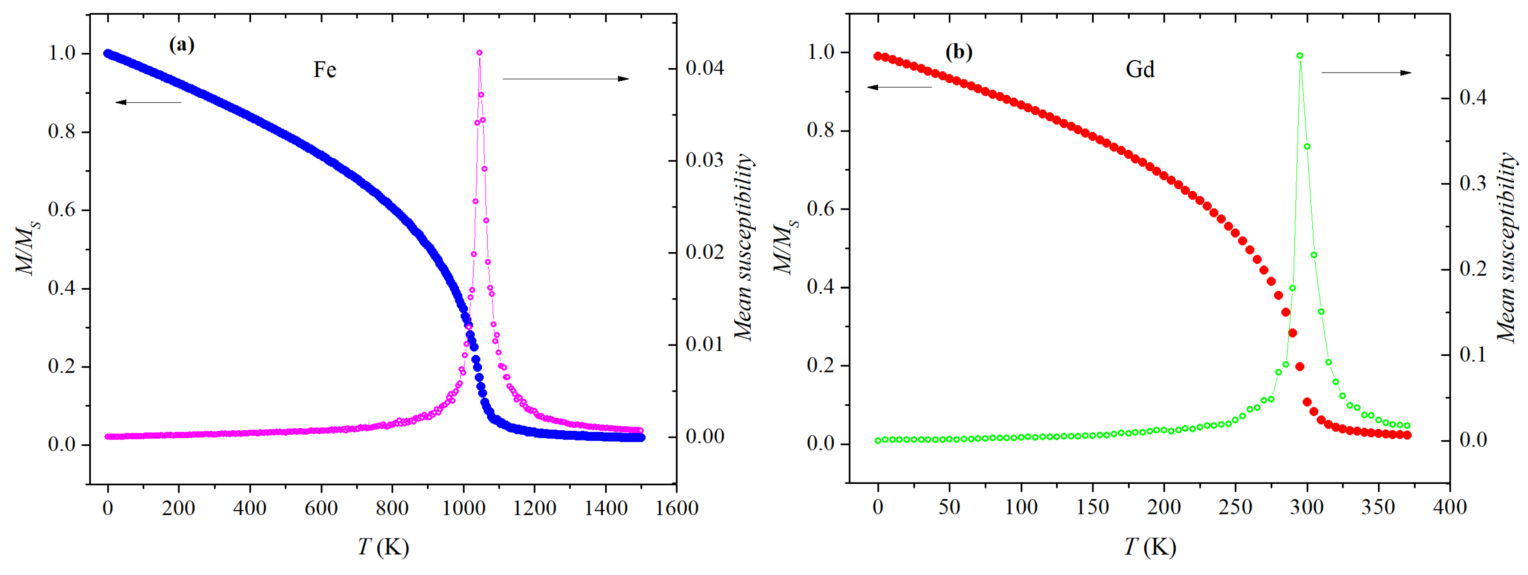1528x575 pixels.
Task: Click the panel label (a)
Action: pos(181,45)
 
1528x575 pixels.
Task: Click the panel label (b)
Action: pos(958,53)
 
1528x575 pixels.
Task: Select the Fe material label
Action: pos(324,70)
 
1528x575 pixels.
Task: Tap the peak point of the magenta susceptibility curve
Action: pos(479,53)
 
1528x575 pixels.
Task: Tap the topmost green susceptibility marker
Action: pos(1300,56)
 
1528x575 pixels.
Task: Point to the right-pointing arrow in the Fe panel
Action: pos(565,78)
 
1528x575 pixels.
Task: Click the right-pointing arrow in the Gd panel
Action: pos(1366,72)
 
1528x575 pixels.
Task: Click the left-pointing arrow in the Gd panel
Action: pos(899,87)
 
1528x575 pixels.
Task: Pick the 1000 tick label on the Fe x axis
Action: pos(463,508)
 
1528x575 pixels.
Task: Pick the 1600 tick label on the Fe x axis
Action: pos(676,508)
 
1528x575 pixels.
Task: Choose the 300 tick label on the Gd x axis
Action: pos(1307,507)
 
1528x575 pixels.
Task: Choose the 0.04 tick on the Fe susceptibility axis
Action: pos(705,68)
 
